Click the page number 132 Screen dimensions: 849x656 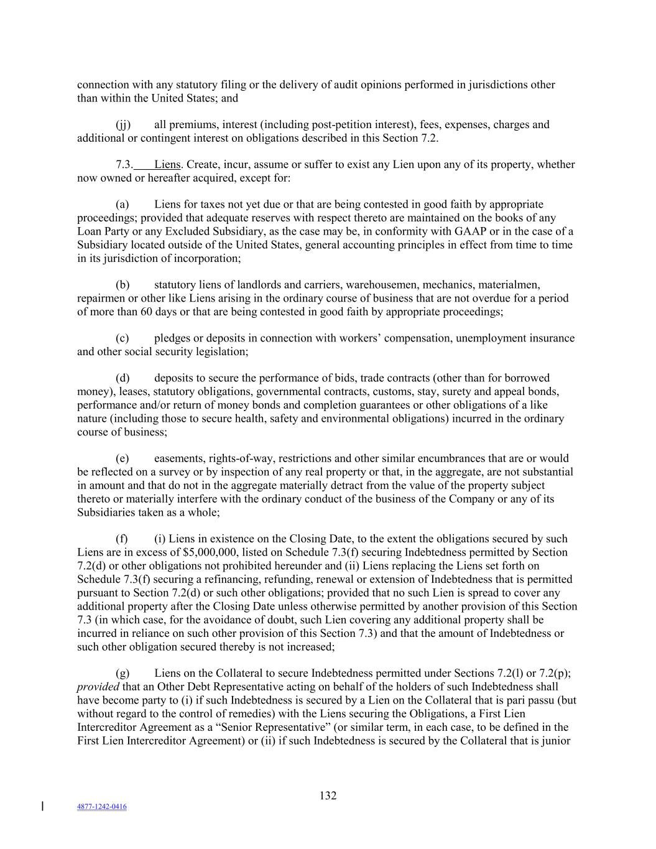pyautogui.click(x=328, y=796)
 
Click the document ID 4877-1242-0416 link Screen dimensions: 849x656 pyautogui.click(x=102, y=807)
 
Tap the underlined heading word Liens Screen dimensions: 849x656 pyautogui.click(x=167, y=165)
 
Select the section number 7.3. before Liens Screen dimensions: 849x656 pyautogui.click(x=124, y=165)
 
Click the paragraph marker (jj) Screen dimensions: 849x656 pyautogui.click(x=123, y=124)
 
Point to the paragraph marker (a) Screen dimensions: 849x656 pyautogui.click(x=122, y=205)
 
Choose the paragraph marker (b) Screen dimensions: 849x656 pyautogui.click(x=122, y=285)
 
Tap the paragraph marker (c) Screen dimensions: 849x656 pyautogui.click(x=122, y=338)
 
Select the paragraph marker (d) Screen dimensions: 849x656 pyautogui.click(x=122, y=378)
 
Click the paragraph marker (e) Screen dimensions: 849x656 pyautogui.click(x=122, y=458)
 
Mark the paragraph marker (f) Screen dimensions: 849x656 pyautogui.click(x=122, y=539)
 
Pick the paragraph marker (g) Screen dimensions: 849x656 pyautogui.click(x=122, y=674)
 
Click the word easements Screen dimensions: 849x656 pyautogui.click(x=178, y=458)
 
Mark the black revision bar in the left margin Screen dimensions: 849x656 pyautogui.click(x=42, y=807)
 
